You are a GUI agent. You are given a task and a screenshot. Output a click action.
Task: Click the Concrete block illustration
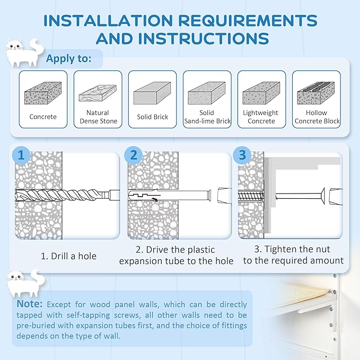[43, 93]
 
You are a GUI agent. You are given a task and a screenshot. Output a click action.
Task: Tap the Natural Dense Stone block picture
[98, 93]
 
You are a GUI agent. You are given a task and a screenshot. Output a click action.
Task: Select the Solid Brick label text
[153, 117]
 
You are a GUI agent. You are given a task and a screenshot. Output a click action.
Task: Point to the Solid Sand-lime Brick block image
[207, 93]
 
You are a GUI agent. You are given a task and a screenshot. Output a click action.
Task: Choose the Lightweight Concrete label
[261, 117]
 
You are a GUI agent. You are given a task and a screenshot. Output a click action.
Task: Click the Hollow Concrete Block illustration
[316, 93]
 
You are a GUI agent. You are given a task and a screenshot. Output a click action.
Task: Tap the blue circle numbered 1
[21, 155]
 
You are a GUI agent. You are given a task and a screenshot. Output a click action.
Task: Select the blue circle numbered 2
[134, 155]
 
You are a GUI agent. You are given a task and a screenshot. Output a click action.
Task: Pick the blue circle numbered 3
[242, 155]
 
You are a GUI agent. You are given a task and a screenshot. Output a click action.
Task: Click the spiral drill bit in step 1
[67, 196]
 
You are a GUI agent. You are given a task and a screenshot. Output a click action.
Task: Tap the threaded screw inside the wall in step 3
[251, 196]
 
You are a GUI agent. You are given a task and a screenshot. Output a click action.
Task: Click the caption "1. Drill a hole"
[68, 256]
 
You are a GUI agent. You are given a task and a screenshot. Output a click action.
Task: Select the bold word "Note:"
[30, 304]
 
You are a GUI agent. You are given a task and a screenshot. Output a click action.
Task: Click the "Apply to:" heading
[68, 58]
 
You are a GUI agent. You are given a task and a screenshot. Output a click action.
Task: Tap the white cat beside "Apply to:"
[24, 53]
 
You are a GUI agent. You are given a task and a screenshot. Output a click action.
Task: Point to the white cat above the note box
[25, 284]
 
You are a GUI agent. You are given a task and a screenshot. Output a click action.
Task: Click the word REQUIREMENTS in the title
[248, 21]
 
